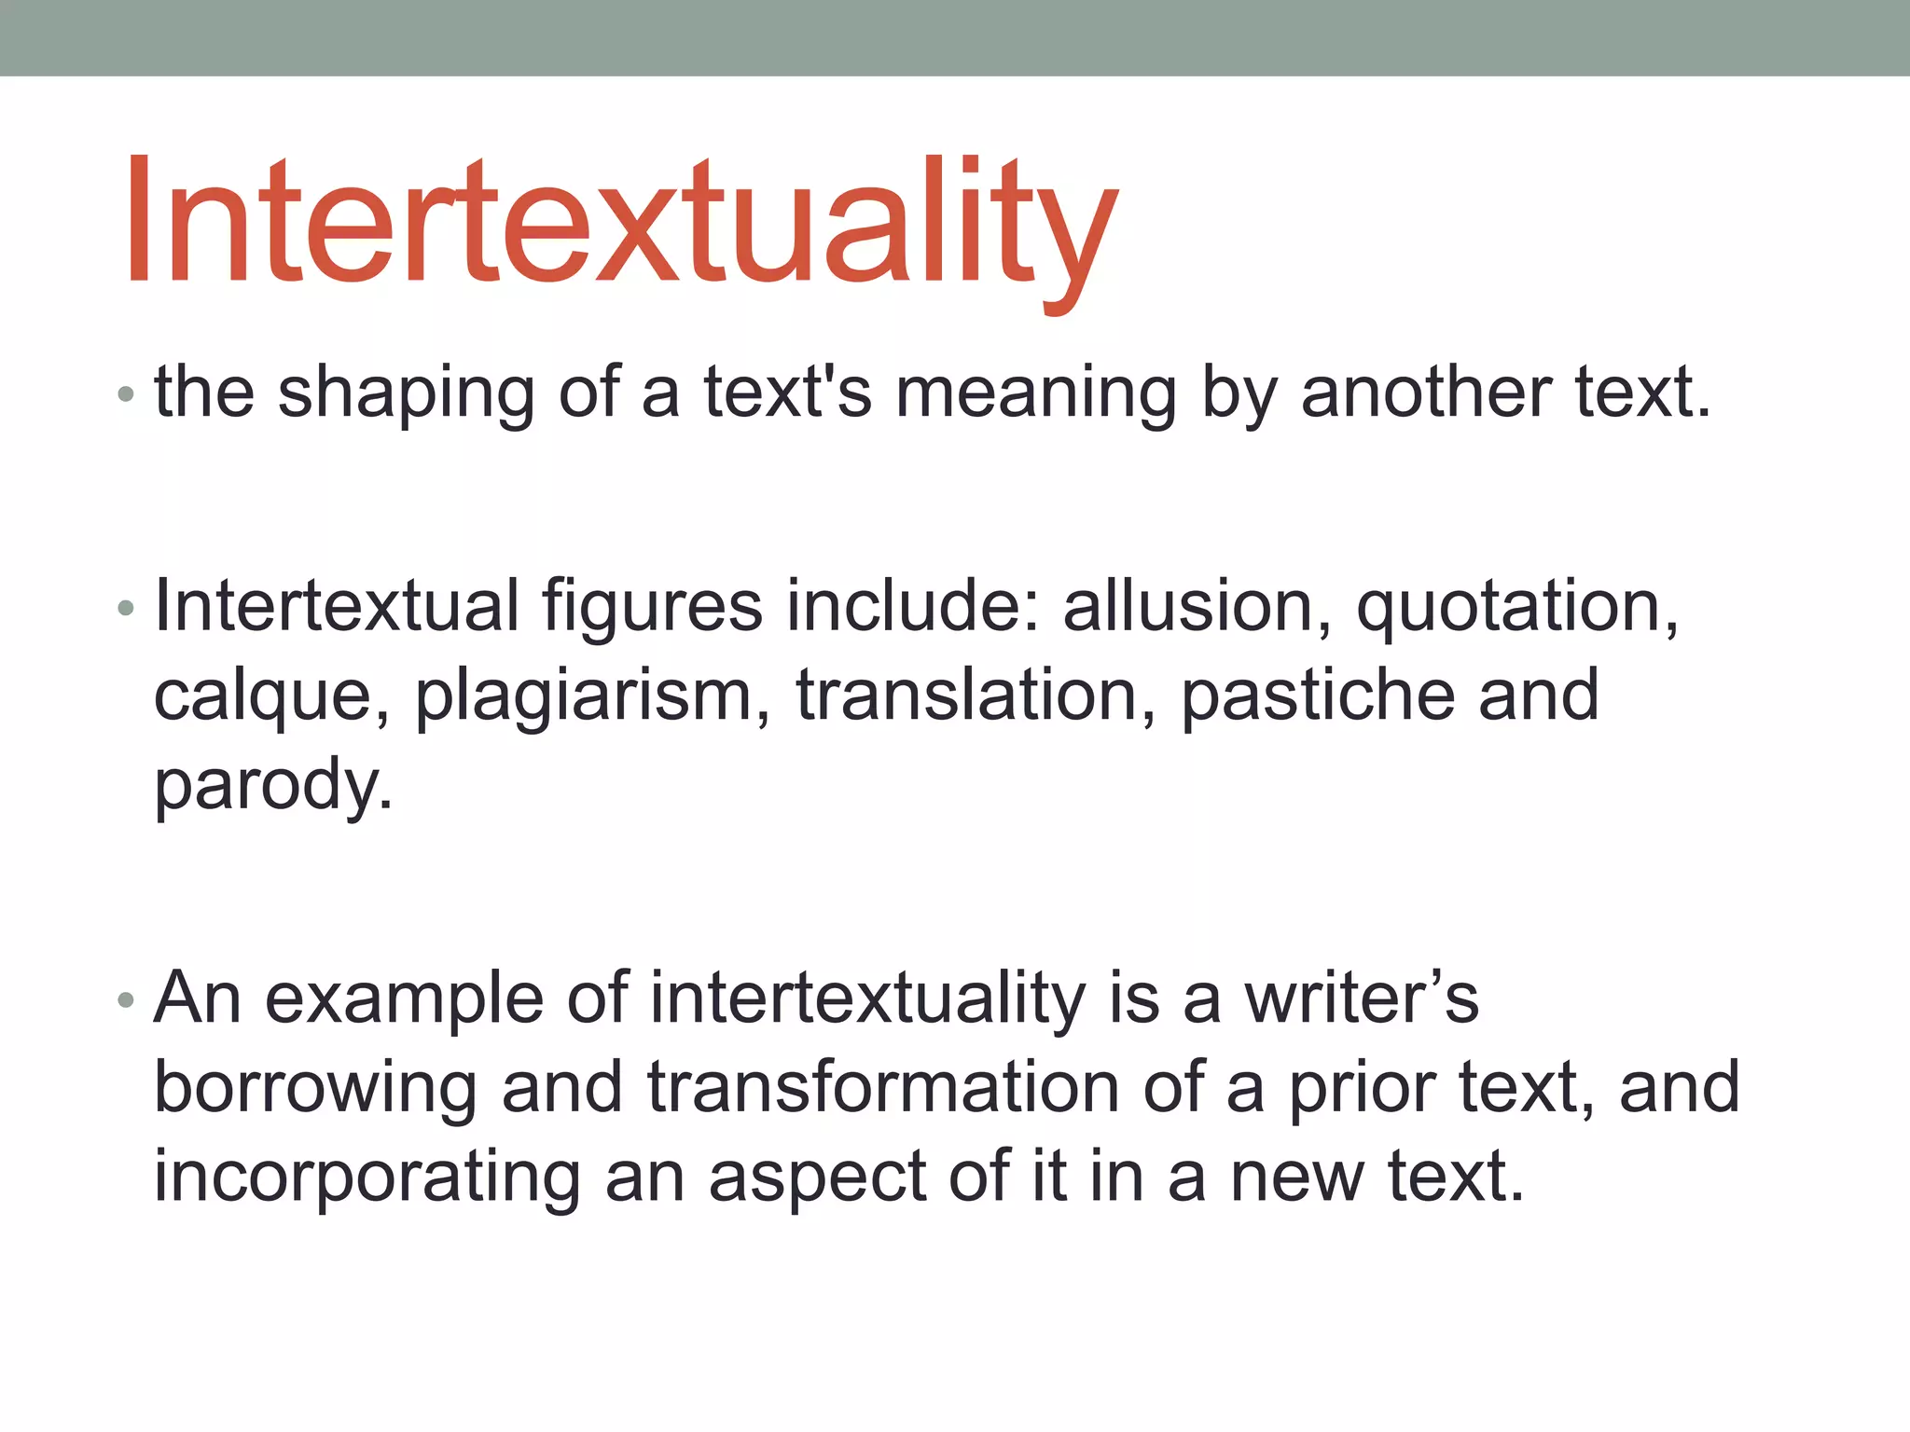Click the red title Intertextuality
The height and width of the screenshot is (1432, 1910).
pyautogui.click(x=620, y=224)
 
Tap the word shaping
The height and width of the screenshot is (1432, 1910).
pyautogui.click(x=406, y=393)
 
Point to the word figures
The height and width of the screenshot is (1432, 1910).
pyautogui.click(x=653, y=608)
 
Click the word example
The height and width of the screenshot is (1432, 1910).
pyautogui.click(x=404, y=1000)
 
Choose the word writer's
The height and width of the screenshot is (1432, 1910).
pyautogui.click(x=1361, y=998)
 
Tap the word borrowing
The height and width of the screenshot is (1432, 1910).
pyautogui.click(x=315, y=1089)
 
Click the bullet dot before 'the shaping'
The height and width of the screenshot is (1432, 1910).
pyautogui.click(x=126, y=395)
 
